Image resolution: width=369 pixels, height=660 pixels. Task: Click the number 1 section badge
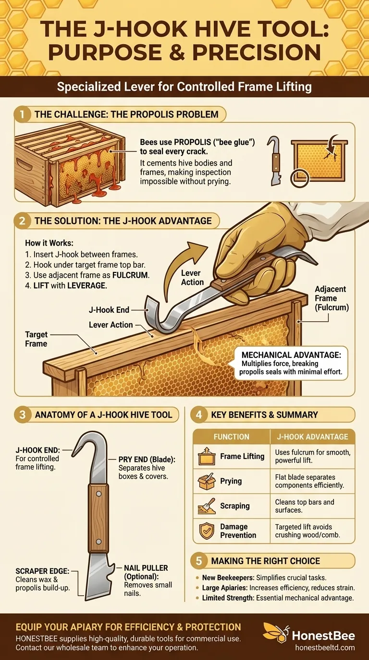click(23, 114)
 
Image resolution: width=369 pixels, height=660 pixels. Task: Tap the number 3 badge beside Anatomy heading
click(23, 415)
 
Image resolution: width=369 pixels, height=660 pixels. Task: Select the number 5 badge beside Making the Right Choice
click(199, 561)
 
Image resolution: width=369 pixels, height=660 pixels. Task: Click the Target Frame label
click(37, 339)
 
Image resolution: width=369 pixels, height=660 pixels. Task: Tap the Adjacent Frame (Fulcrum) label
click(332, 298)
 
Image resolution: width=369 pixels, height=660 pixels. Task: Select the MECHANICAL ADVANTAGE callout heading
click(291, 355)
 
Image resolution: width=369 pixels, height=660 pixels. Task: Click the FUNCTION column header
click(232, 436)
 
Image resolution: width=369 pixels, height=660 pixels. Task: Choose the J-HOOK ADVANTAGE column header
click(312, 436)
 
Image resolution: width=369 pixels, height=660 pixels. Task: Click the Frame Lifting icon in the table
click(206, 456)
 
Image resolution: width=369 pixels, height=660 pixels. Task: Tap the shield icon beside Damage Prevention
click(207, 530)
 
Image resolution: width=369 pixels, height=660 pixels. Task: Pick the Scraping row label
click(234, 506)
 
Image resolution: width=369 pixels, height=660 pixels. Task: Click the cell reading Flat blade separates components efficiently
click(309, 481)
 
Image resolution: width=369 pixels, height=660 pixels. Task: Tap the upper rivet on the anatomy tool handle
click(99, 494)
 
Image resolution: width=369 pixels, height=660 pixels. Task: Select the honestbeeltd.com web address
click(325, 647)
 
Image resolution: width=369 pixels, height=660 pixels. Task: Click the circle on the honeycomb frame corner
click(300, 178)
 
